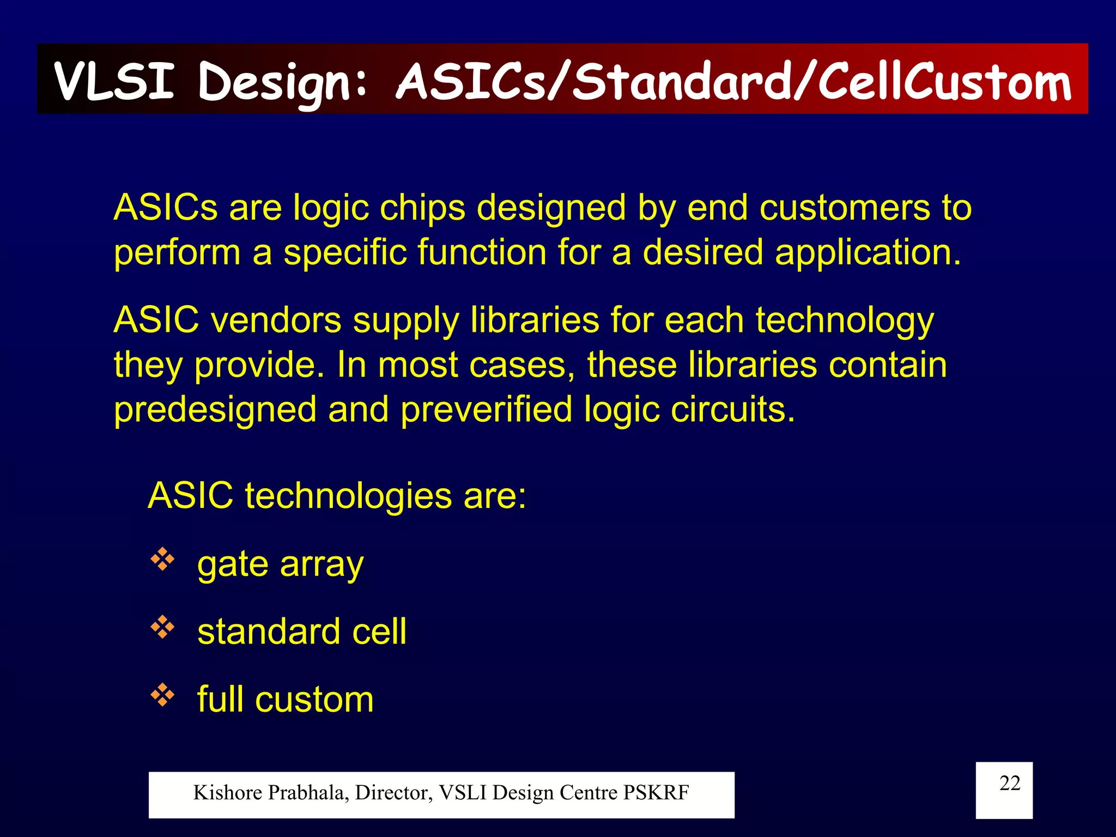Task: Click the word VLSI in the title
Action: [x=114, y=82]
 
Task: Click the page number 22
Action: [x=1009, y=783]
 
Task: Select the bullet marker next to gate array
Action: [x=162, y=560]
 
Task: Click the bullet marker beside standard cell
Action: [x=162, y=628]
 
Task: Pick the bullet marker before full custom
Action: [x=162, y=695]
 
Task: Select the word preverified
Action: [x=486, y=410]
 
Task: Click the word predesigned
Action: [x=215, y=410]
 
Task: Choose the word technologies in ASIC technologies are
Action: [x=348, y=496]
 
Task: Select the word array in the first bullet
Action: [x=322, y=565]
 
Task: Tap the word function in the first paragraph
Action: [x=482, y=253]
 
